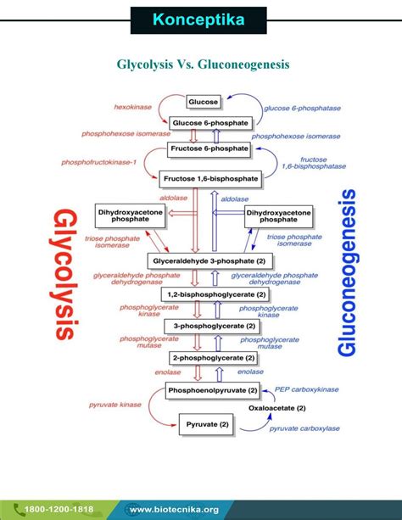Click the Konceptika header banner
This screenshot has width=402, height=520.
tap(201, 20)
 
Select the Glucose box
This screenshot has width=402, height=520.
tap(203, 102)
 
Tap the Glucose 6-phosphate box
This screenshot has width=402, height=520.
tap(209, 124)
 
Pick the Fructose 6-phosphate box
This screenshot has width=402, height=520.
tap(209, 149)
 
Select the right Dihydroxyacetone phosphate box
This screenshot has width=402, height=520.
tap(278, 215)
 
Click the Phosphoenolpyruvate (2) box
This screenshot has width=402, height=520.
tap(213, 391)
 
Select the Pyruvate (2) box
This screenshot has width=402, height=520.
tap(206, 422)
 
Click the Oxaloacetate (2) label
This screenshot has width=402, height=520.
tap(277, 408)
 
